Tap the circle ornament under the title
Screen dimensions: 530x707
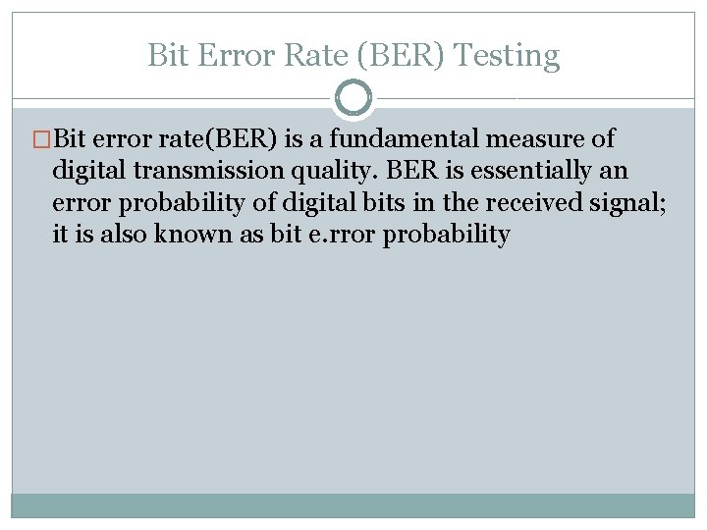pyautogui.click(x=353, y=98)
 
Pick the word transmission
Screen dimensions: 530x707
pyautogui.click(x=214, y=172)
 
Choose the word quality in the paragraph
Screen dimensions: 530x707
pyautogui.click(x=331, y=172)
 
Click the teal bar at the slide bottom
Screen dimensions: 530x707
pyautogui.click(x=353, y=504)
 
